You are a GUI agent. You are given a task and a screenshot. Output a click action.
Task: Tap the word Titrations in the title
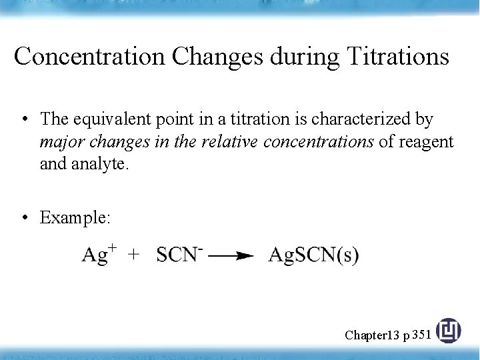click(x=398, y=57)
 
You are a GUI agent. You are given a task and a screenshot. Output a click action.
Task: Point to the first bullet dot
click(x=24, y=120)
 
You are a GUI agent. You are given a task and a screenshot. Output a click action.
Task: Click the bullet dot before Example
click(x=24, y=218)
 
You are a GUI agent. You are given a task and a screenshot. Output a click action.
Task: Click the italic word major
click(x=58, y=141)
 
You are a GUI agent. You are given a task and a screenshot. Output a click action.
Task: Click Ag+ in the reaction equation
click(x=99, y=254)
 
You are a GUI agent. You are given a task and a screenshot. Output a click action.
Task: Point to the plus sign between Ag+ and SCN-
click(x=134, y=254)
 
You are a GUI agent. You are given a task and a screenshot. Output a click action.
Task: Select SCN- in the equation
click(x=179, y=254)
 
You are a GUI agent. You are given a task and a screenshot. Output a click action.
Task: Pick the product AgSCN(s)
click(x=313, y=255)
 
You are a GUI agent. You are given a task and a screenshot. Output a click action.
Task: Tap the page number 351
click(x=421, y=334)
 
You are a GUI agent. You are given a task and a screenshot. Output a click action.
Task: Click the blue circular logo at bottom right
click(x=448, y=331)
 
